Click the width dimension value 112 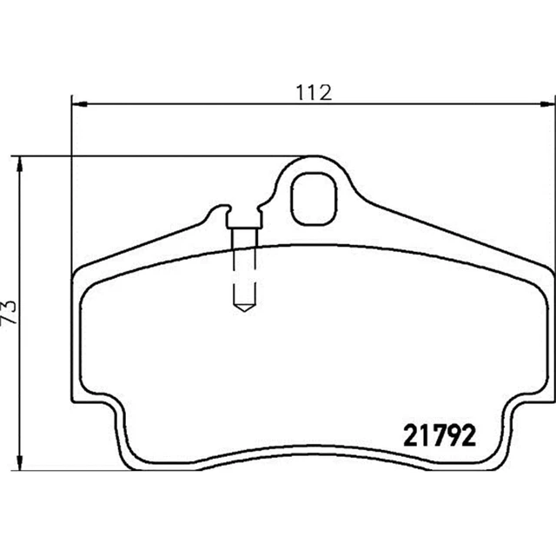315,92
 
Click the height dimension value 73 10,312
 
